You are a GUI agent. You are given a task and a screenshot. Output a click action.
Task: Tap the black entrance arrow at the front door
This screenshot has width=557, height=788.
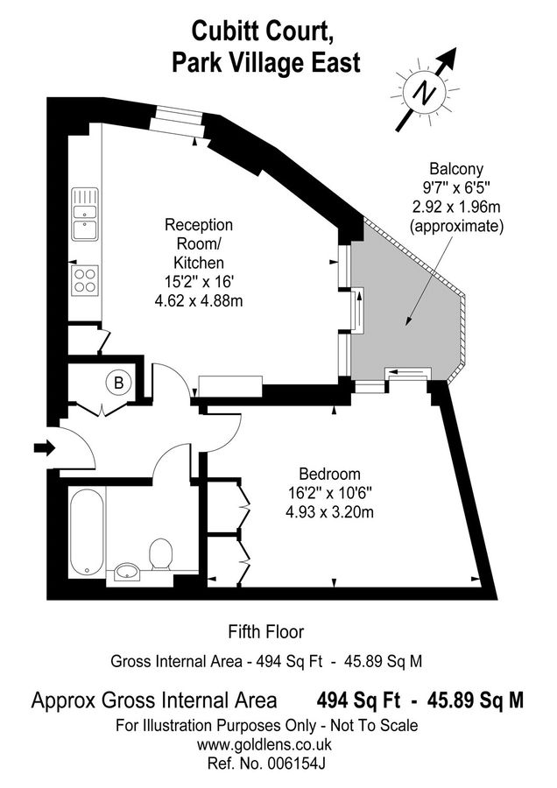44,448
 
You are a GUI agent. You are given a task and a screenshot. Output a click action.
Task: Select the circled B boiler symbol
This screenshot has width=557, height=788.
116,383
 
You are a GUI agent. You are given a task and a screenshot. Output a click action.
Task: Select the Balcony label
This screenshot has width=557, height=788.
456,168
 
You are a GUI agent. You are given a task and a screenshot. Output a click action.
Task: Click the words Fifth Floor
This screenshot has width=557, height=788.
266,630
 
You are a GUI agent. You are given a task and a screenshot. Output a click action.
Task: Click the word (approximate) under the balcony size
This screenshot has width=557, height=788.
456,226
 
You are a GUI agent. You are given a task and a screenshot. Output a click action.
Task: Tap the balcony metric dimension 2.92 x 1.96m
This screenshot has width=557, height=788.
456,207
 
